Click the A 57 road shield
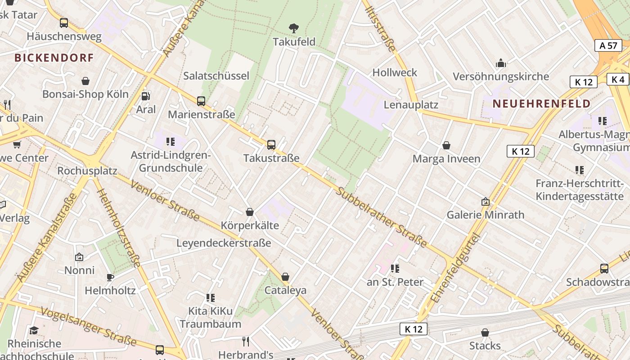click(x=608, y=45)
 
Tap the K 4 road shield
click(x=618, y=79)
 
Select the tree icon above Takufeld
click(x=294, y=28)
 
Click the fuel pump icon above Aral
click(x=145, y=96)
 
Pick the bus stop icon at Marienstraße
click(x=201, y=101)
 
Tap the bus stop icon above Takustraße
click(x=271, y=145)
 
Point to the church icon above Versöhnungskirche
click(x=500, y=63)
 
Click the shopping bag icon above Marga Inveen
click(x=446, y=145)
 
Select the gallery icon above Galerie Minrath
click(x=485, y=202)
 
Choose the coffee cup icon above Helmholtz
click(x=110, y=277)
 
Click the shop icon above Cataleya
click(x=285, y=277)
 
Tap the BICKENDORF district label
click(x=54, y=58)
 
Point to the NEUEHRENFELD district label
click(x=541, y=103)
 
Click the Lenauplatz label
click(x=411, y=105)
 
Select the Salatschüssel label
click(x=216, y=76)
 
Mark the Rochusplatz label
click(x=87, y=171)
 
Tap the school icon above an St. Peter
click(x=395, y=269)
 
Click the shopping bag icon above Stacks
click(x=485, y=333)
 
